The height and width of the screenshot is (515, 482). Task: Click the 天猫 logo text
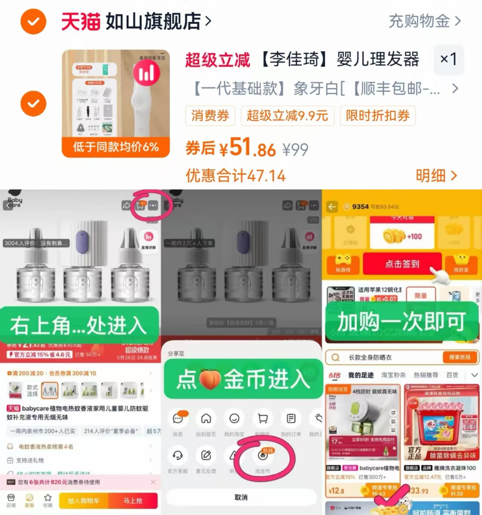(81, 21)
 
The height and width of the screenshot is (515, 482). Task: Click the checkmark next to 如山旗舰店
(33, 21)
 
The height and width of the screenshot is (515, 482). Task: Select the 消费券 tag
(210, 116)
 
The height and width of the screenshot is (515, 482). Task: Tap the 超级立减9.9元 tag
(287, 116)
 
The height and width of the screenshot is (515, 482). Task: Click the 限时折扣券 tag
(378, 116)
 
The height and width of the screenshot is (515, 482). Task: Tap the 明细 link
(436, 176)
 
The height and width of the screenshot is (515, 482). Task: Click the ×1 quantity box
(448, 59)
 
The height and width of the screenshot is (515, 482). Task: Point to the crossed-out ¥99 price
(295, 150)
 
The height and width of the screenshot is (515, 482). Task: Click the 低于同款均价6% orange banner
(116, 147)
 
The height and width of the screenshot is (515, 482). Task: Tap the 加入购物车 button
(83, 501)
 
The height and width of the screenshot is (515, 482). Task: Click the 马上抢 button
(133, 501)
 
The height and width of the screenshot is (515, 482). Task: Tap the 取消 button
(241, 497)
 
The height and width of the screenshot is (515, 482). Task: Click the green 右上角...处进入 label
(79, 325)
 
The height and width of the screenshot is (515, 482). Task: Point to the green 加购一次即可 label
(401, 322)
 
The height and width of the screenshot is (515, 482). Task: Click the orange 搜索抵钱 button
(459, 357)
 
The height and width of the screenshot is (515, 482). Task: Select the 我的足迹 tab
(361, 375)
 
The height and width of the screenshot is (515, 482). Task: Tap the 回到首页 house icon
(206, 419)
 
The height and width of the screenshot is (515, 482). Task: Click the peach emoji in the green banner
(210, 379)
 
